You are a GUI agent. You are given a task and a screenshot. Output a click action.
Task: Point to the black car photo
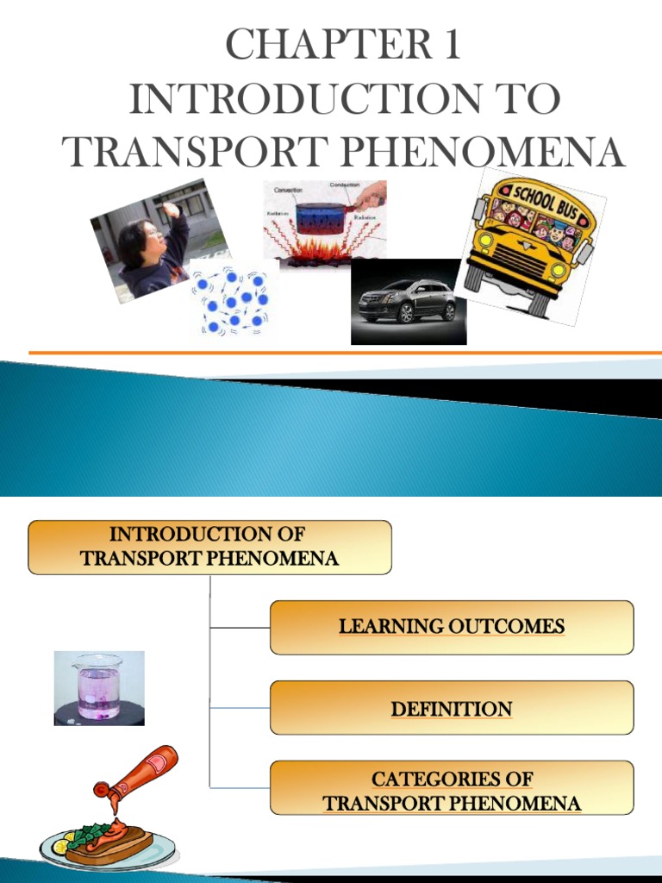tap(408, 302)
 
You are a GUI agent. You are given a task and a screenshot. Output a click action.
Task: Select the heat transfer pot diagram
tap(324, 222)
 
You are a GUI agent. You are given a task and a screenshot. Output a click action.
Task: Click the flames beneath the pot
tap(320, 251)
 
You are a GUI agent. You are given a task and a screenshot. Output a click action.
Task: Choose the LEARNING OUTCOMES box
tap(452, 627)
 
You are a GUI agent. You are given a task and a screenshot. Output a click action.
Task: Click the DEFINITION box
tap(452, 708)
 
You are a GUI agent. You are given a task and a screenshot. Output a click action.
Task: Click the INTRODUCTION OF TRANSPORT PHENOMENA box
tap(209, 547)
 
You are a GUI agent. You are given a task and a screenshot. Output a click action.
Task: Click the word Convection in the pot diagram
tap(289, 189)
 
